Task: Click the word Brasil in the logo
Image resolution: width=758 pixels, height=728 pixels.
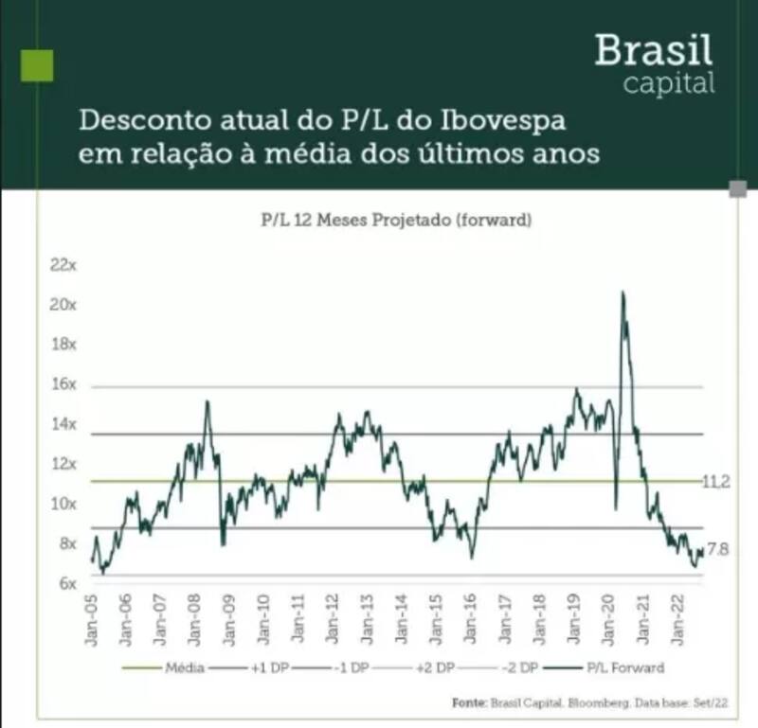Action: click(654, 49)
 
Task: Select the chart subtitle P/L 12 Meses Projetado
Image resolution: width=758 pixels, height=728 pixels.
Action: click(343, 221)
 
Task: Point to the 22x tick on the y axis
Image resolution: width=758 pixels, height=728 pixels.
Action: click(63, 265)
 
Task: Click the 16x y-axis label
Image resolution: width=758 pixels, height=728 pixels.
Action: click(63, 385)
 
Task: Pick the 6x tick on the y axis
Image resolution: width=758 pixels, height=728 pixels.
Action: click(65, 584)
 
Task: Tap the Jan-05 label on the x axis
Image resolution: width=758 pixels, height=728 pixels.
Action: click(92, 621)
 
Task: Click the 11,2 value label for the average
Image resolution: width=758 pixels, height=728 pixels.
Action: click(715, 481)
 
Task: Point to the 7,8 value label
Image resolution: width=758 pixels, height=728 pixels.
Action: click(717, 549)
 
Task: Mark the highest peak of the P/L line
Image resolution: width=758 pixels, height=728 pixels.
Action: click(623, 293)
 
